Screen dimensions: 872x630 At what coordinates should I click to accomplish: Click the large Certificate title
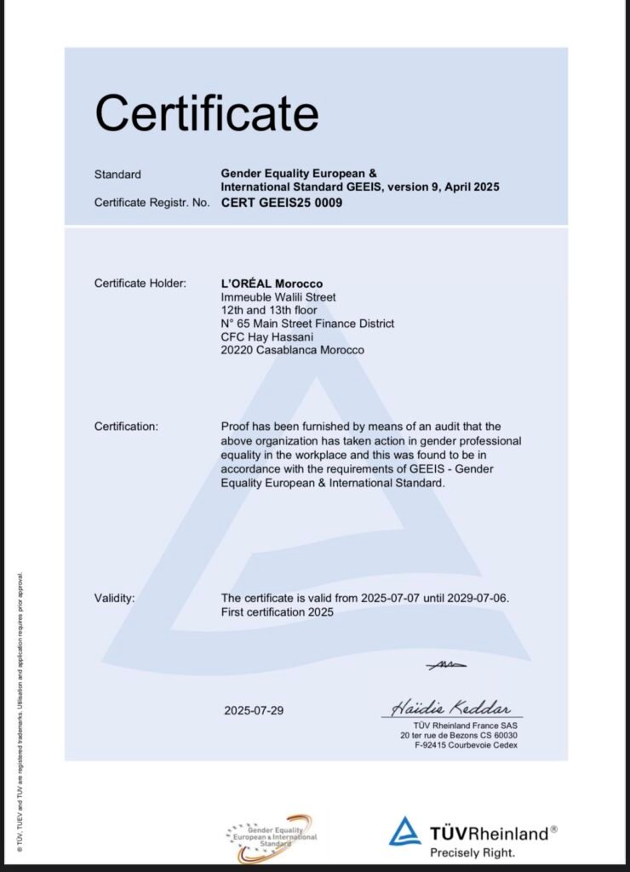point(207,113)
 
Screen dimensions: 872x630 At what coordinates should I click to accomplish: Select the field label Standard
point(117,175)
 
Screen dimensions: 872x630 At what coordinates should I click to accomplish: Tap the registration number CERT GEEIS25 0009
point(282,204)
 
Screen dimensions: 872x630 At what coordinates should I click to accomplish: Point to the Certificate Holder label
point(140,283)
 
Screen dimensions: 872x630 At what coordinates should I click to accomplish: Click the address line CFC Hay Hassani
point(264,336)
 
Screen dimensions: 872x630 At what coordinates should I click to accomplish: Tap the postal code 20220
point(236,350)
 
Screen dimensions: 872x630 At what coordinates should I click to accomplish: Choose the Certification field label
point(125,427)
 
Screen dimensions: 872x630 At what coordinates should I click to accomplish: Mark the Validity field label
point(114,598)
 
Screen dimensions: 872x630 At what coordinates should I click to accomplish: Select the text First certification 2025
point(277,611)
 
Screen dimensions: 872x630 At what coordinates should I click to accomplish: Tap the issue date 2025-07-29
point(254,710)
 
